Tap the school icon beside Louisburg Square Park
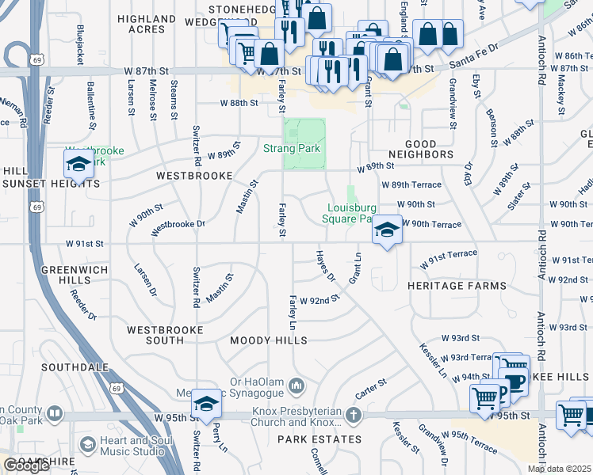pos(386,230)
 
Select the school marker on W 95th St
pos(206,403)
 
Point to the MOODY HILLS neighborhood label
pos(268,340)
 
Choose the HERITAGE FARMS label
pos(456,285)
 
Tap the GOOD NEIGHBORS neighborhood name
pos(420,155)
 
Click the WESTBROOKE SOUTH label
pos(166,334)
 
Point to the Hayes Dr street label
pos(326,267)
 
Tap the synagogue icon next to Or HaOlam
pos(297,386)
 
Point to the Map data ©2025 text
pos(559,469)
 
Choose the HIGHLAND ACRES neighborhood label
pos(147,24)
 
